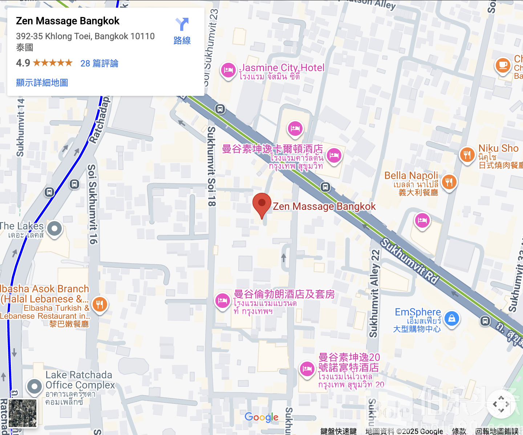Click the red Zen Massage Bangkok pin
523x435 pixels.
tap(262, 204)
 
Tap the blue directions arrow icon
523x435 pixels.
tap(182, 25)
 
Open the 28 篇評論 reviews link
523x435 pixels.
tap(99, 64)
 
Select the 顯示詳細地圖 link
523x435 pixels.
tap(42, 83)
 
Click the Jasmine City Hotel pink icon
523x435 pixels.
tap(228, 70)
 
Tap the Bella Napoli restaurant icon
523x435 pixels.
tap(449, 182)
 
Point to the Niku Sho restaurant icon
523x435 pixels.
tap(467, 155)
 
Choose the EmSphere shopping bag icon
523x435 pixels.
tap(451, 318)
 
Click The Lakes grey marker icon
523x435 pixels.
tap(55, 229)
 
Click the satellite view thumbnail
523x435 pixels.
tap(23, 413)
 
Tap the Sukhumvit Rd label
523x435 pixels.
tap(409, 261)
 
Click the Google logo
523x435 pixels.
tap(261, 417)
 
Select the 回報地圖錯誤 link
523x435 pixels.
tap(497, 431)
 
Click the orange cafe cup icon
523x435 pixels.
tap(503, 65)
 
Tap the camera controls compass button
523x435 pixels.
tap(501, 404)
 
